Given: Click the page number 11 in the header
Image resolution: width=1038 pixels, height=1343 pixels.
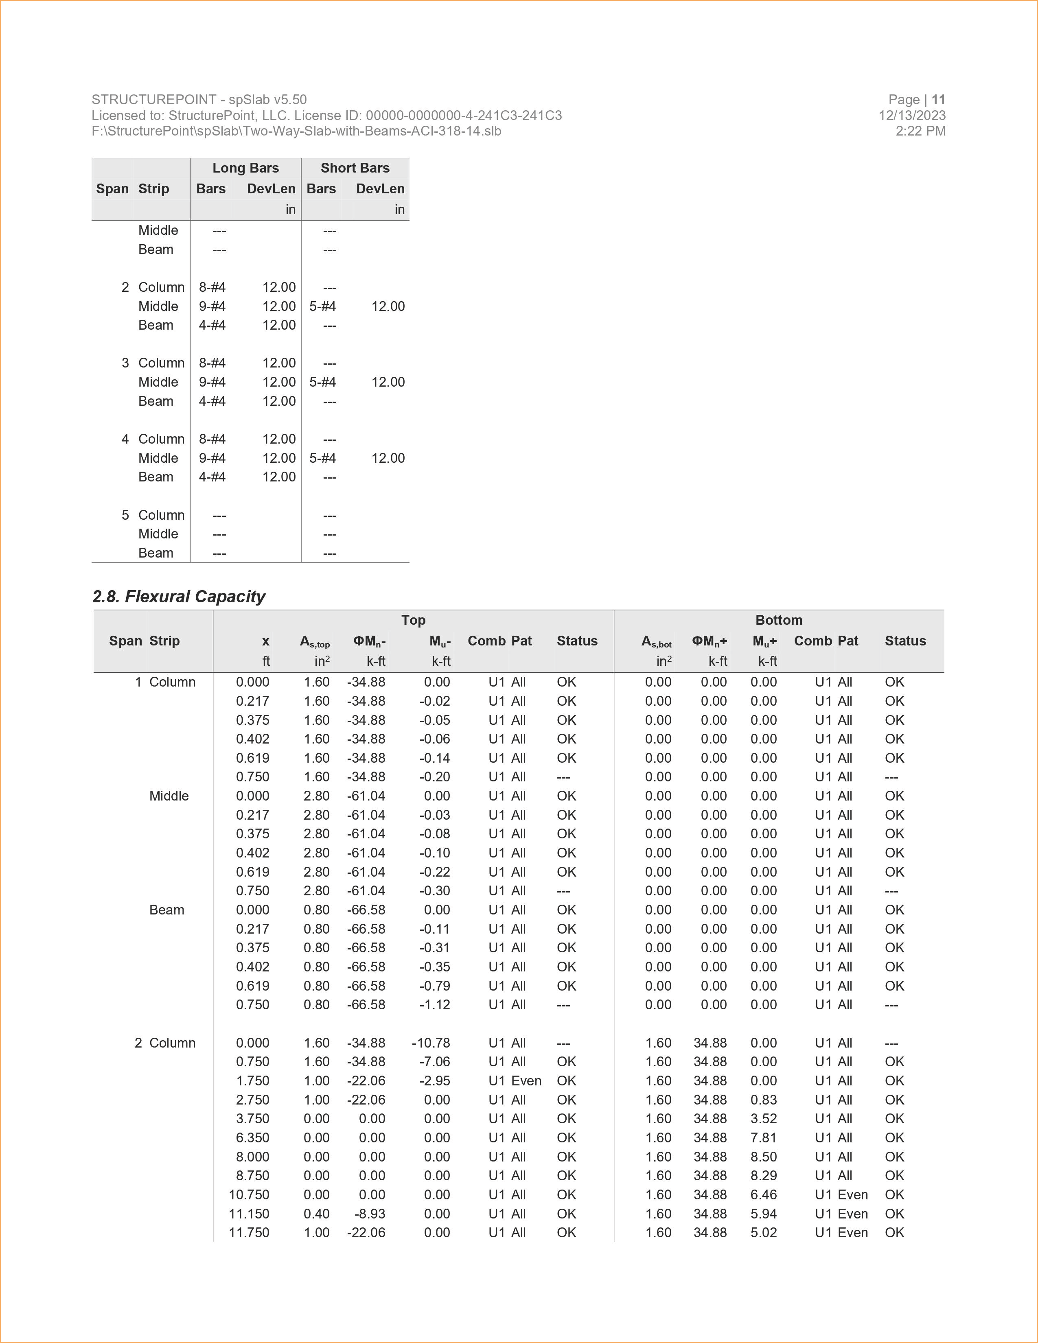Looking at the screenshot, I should [x=938, y=100].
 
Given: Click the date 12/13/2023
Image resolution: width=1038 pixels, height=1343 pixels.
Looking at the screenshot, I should [x=912, y=116].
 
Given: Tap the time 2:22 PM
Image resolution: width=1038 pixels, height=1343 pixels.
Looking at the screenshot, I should [x=920, y=131].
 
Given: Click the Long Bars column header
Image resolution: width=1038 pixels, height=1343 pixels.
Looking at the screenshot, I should [x=245, y=168].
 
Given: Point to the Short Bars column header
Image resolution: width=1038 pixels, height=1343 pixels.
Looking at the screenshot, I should [x=355, y=168].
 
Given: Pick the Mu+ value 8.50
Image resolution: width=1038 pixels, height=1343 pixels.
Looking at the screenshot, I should [x=763, y=1157].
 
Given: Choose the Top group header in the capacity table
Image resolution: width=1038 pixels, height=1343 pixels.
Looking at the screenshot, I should [x=413, y=620].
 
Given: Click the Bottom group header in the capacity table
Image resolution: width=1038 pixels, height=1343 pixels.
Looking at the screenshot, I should [x=778, y=620].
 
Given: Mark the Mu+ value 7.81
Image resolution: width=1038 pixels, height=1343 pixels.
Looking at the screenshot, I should [x=763, y=1137].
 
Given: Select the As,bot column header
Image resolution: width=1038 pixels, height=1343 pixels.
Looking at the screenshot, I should [x=656, y=641].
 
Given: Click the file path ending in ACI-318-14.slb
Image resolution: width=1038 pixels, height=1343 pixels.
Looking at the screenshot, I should [x=296, y=131].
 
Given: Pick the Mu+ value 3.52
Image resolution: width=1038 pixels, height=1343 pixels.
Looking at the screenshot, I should [x=763, y=1118].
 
